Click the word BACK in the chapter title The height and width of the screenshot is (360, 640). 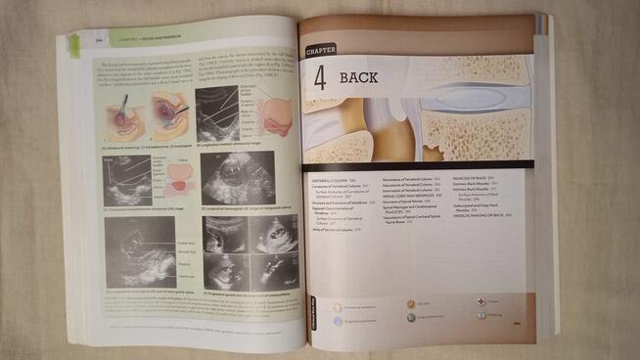point(358,76)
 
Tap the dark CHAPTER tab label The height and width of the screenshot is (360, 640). point(320,50)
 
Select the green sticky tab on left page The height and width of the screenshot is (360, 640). point(75,44)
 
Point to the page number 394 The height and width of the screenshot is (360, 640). point(99,40)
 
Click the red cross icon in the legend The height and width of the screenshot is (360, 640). point(481,302)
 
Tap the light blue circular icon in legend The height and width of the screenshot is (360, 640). point(338,319)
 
